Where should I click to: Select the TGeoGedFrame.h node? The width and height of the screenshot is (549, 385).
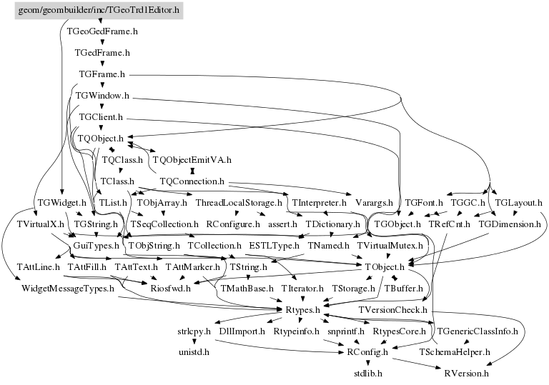click(x=102, y=31)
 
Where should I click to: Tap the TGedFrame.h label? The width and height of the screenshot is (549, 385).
click(x=102, y=53)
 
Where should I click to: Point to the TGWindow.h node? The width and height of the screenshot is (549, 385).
click(x=102, y=95)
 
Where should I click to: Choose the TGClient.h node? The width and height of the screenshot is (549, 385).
click(x=102, y=116)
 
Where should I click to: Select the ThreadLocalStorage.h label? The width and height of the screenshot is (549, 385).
click(x=230, y=203)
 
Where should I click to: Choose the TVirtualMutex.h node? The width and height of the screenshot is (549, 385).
click(x=390, y=246)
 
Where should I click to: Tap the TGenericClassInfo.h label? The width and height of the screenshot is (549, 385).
click(x=477, y=331)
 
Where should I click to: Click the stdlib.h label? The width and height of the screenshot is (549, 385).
click(x=369, y=373)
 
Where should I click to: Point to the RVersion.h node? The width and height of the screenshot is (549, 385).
click(x=466, y=373)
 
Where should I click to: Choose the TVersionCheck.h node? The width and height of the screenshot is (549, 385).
click(x=392, y=310)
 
